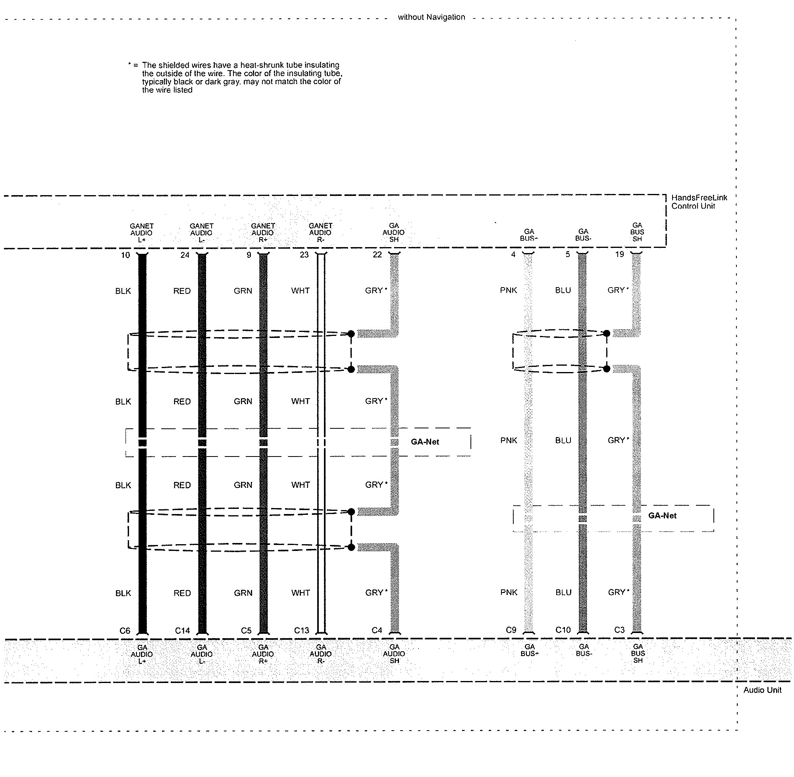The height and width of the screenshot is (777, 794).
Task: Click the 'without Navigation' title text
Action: click(x=431, y=17)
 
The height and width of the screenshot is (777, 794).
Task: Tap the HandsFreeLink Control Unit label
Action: click(x=699, y=201)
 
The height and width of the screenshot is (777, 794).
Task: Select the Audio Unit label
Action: click(x=762, y=690)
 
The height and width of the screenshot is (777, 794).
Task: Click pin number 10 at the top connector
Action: click(x=125, y=255)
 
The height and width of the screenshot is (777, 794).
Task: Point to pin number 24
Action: click(x=185, y=255)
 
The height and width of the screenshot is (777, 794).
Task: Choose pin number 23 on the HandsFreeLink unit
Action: click(x=304, y=255)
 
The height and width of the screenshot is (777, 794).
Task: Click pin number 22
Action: click(x=377, y=255)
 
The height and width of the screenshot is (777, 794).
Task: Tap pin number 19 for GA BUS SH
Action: click(x=620, y=254)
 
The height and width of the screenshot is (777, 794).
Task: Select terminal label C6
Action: click(x=125, y=631)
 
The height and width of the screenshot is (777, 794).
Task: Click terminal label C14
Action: click(x=182, y=631)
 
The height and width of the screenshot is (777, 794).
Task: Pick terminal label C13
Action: click(x=301, y=631)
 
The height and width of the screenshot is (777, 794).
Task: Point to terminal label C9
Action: click(x=511, y=630)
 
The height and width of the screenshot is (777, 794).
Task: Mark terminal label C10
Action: click(x=563, y=630)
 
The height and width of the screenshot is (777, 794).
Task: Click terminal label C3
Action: click(x=620, y=630)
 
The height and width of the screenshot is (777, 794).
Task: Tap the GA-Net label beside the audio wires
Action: click(x=425, y=441)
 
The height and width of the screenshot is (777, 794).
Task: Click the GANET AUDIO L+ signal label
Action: click(x=141, y=232)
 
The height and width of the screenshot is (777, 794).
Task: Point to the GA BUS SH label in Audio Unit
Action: click(x=638, y=653)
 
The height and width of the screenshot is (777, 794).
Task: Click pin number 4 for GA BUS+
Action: click(x=513, y=254)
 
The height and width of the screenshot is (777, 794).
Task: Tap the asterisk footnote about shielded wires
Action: click(x=235, y=77)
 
